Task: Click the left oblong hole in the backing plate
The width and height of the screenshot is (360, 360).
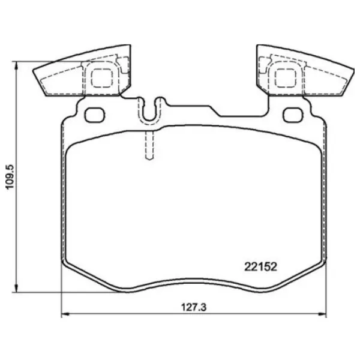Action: coord(95,113)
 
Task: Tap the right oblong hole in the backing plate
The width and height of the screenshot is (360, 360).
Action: coord(293,113)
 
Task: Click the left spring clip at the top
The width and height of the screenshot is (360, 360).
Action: coord(84,72)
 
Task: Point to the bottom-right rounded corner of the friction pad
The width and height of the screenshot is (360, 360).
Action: coord(318,264)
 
